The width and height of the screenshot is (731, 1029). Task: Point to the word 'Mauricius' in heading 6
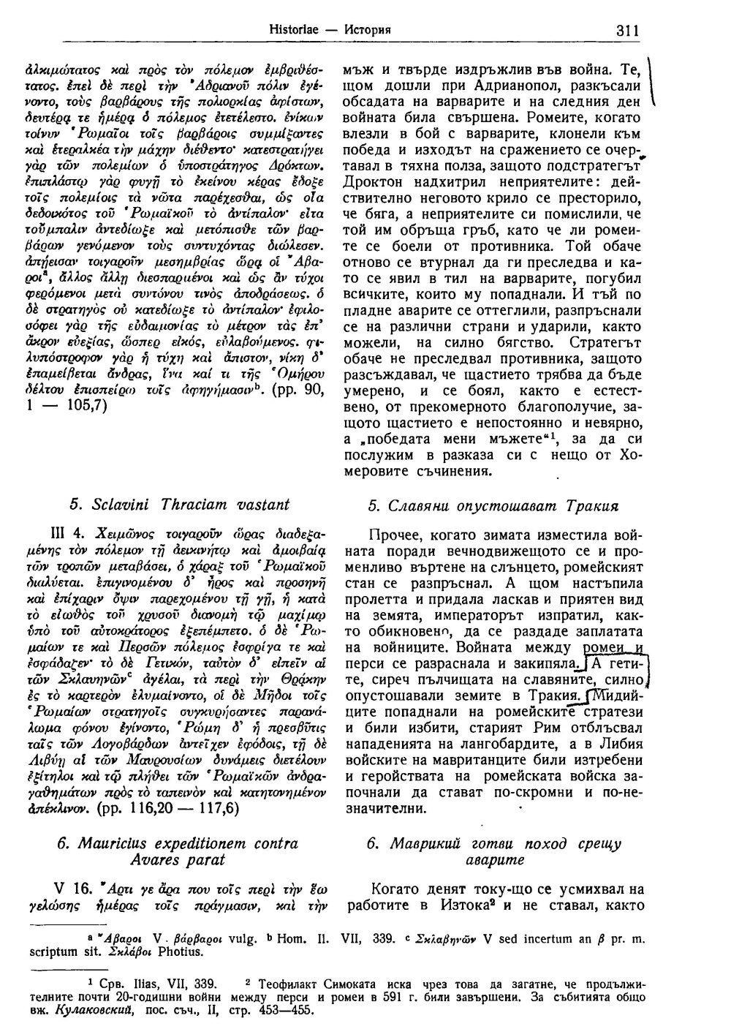pos(95,843)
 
